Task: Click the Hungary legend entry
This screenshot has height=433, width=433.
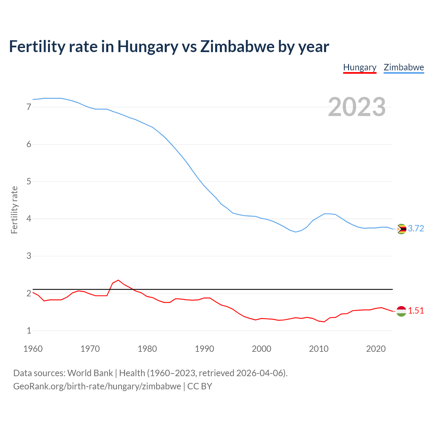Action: click(x=360, y=67)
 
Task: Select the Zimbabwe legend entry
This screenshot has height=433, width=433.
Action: click(x=404, y=67)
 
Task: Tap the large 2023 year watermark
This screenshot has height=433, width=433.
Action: click(x=357, y=107)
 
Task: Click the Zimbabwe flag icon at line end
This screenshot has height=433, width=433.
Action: click(x=401, y=229)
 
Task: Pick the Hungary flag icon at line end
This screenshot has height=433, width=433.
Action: click(x=401, y=311)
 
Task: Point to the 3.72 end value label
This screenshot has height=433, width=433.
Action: click(x=416, y=229)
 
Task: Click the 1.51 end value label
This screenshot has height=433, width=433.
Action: click(x=416, y=311)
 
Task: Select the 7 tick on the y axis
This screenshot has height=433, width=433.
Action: click(x=29, y=107)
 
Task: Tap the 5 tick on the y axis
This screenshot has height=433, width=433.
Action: click(x=29, y=182)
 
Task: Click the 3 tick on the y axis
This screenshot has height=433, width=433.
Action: click(x=29, y=256)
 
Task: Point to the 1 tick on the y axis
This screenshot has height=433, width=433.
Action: click(x=29, y=331)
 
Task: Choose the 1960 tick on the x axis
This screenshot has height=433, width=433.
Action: click(x=33, y=349)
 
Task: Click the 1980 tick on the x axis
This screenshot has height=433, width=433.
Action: click(x=147, y=349)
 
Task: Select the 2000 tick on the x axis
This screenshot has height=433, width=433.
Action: click(x=261, y=349)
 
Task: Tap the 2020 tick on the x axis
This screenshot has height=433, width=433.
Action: click(x=376, y=349)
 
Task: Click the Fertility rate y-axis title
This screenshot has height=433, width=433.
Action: click(x=14, y=210)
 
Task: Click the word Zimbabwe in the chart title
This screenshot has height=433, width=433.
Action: click(x=237, y=47)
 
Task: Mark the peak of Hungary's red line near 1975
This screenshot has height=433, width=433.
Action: click(x=118, y=280)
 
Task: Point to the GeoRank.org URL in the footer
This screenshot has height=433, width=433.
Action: click(x=97, y=386)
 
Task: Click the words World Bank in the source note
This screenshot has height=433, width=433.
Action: click(x=90, y=373)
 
